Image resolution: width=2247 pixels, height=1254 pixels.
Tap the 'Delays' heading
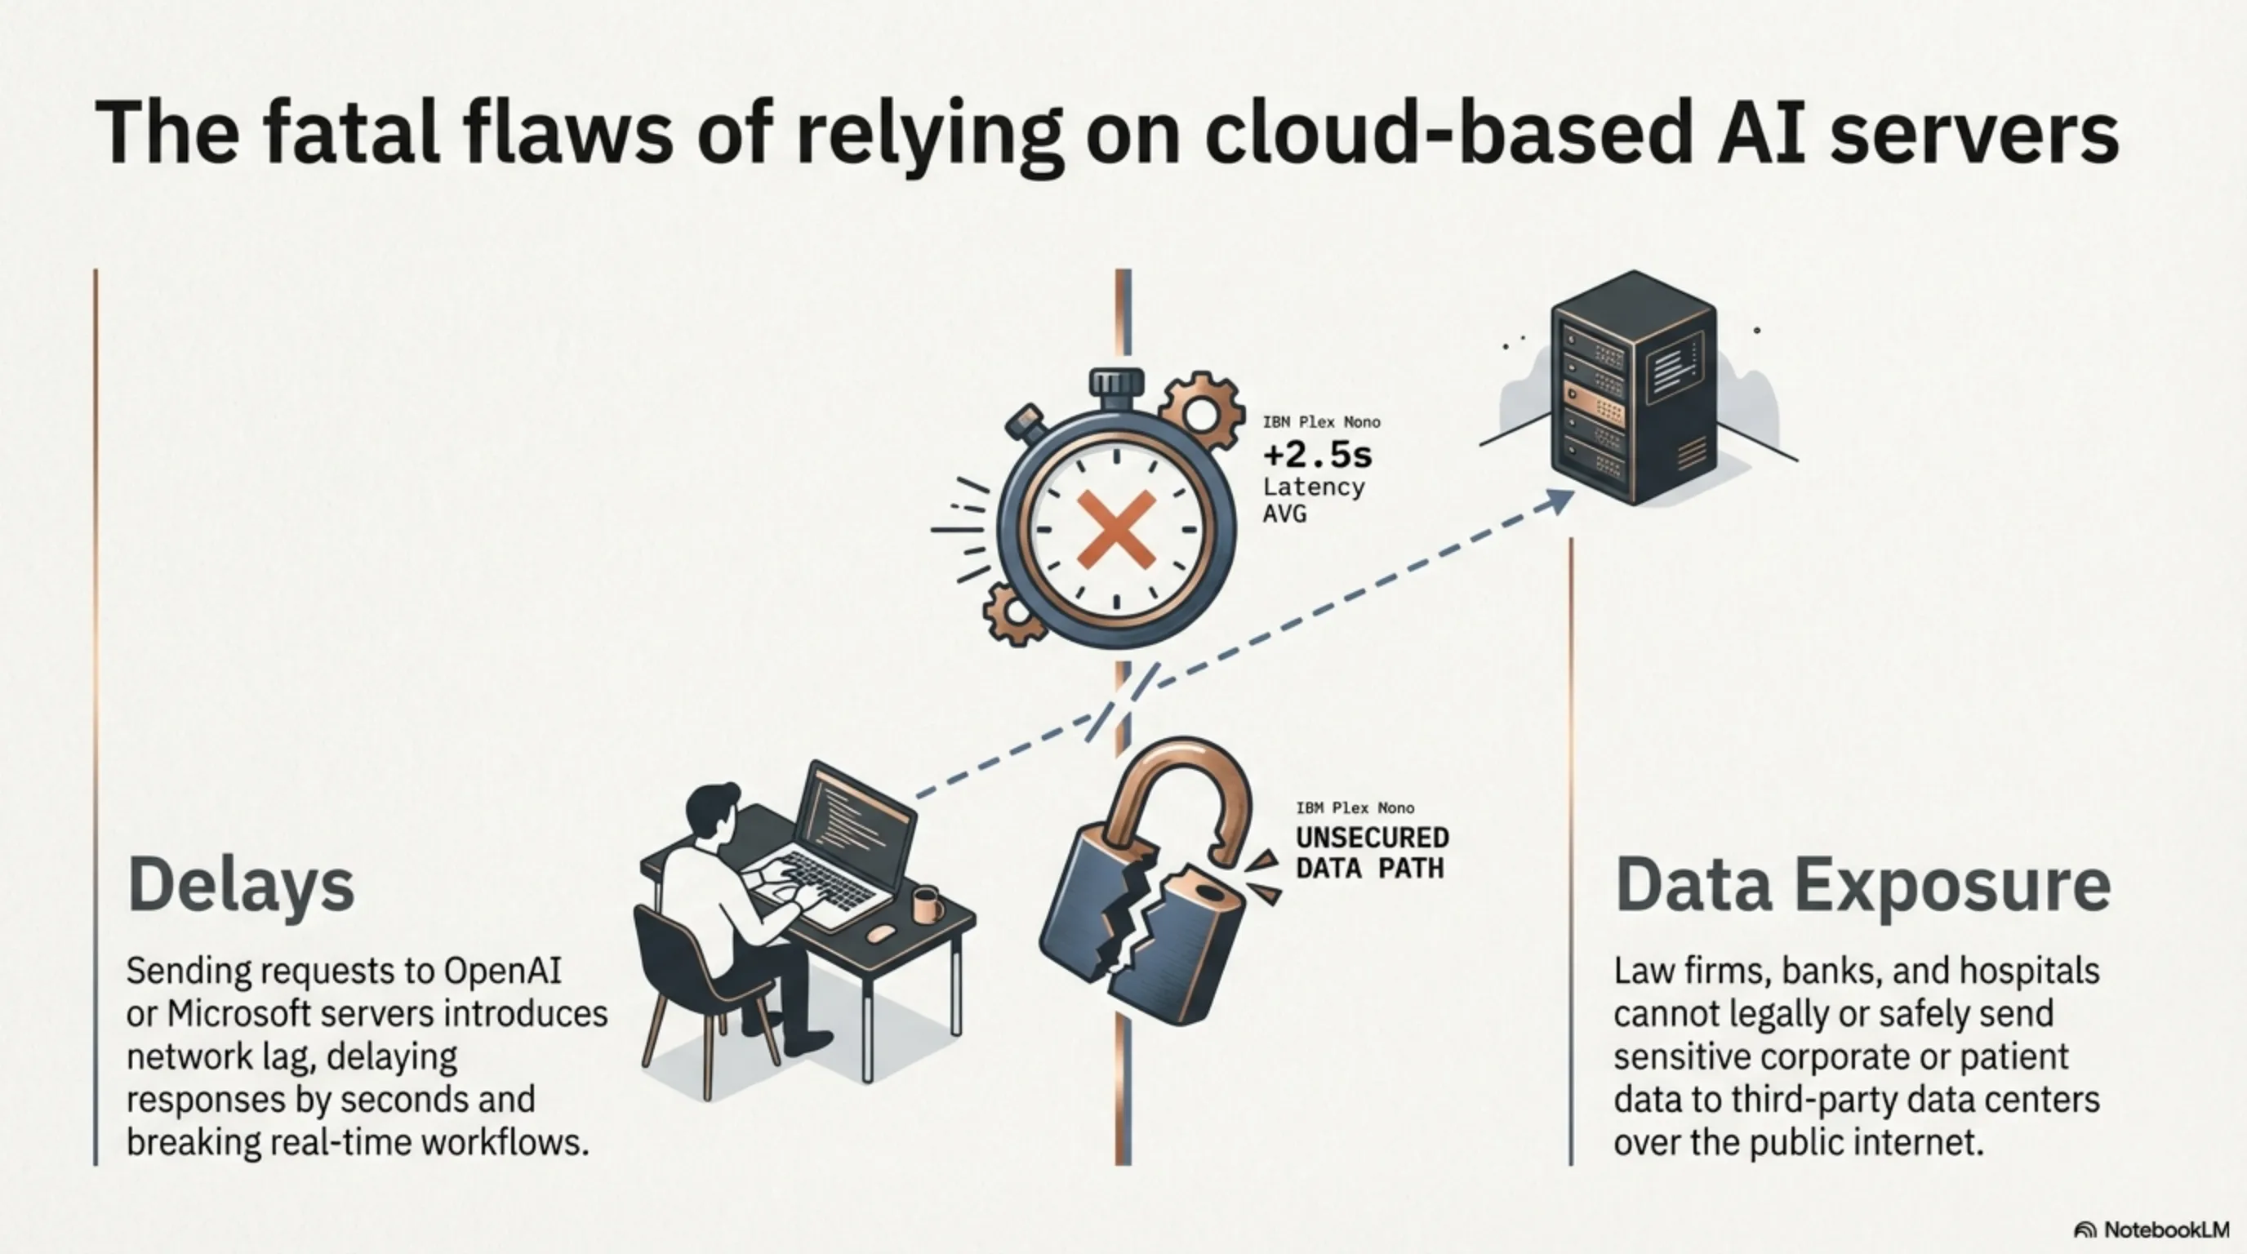click(241, 885)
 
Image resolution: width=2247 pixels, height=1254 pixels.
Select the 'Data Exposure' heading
click(1862, 885)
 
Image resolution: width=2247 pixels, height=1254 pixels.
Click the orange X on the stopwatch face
click(1116, 529)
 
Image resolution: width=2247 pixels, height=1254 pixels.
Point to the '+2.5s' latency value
click(1318, 456)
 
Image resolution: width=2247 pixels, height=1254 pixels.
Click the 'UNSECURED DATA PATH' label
click(1372, 853)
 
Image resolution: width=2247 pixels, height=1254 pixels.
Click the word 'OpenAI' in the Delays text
click(501, 971)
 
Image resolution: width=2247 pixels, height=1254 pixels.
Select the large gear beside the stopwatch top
click(1202, 412)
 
